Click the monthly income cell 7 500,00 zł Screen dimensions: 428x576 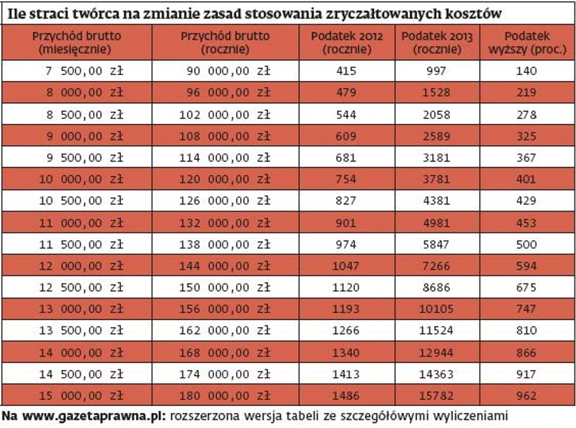click(x=76, y=71)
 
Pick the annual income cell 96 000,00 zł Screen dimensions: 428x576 click(x=225, y=92)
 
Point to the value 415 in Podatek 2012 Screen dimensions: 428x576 click(x=347, y=71)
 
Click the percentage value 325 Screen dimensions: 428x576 click(x=526, y=136)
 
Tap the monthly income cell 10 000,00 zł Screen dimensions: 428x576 click(x=76, y=179)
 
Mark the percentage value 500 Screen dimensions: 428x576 click(x=526, y=244)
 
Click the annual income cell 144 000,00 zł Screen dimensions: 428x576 click(x=225, y=266)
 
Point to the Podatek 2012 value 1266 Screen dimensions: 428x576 click(x=347, y=330)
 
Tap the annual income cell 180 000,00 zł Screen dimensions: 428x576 click(x=225, y=395)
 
